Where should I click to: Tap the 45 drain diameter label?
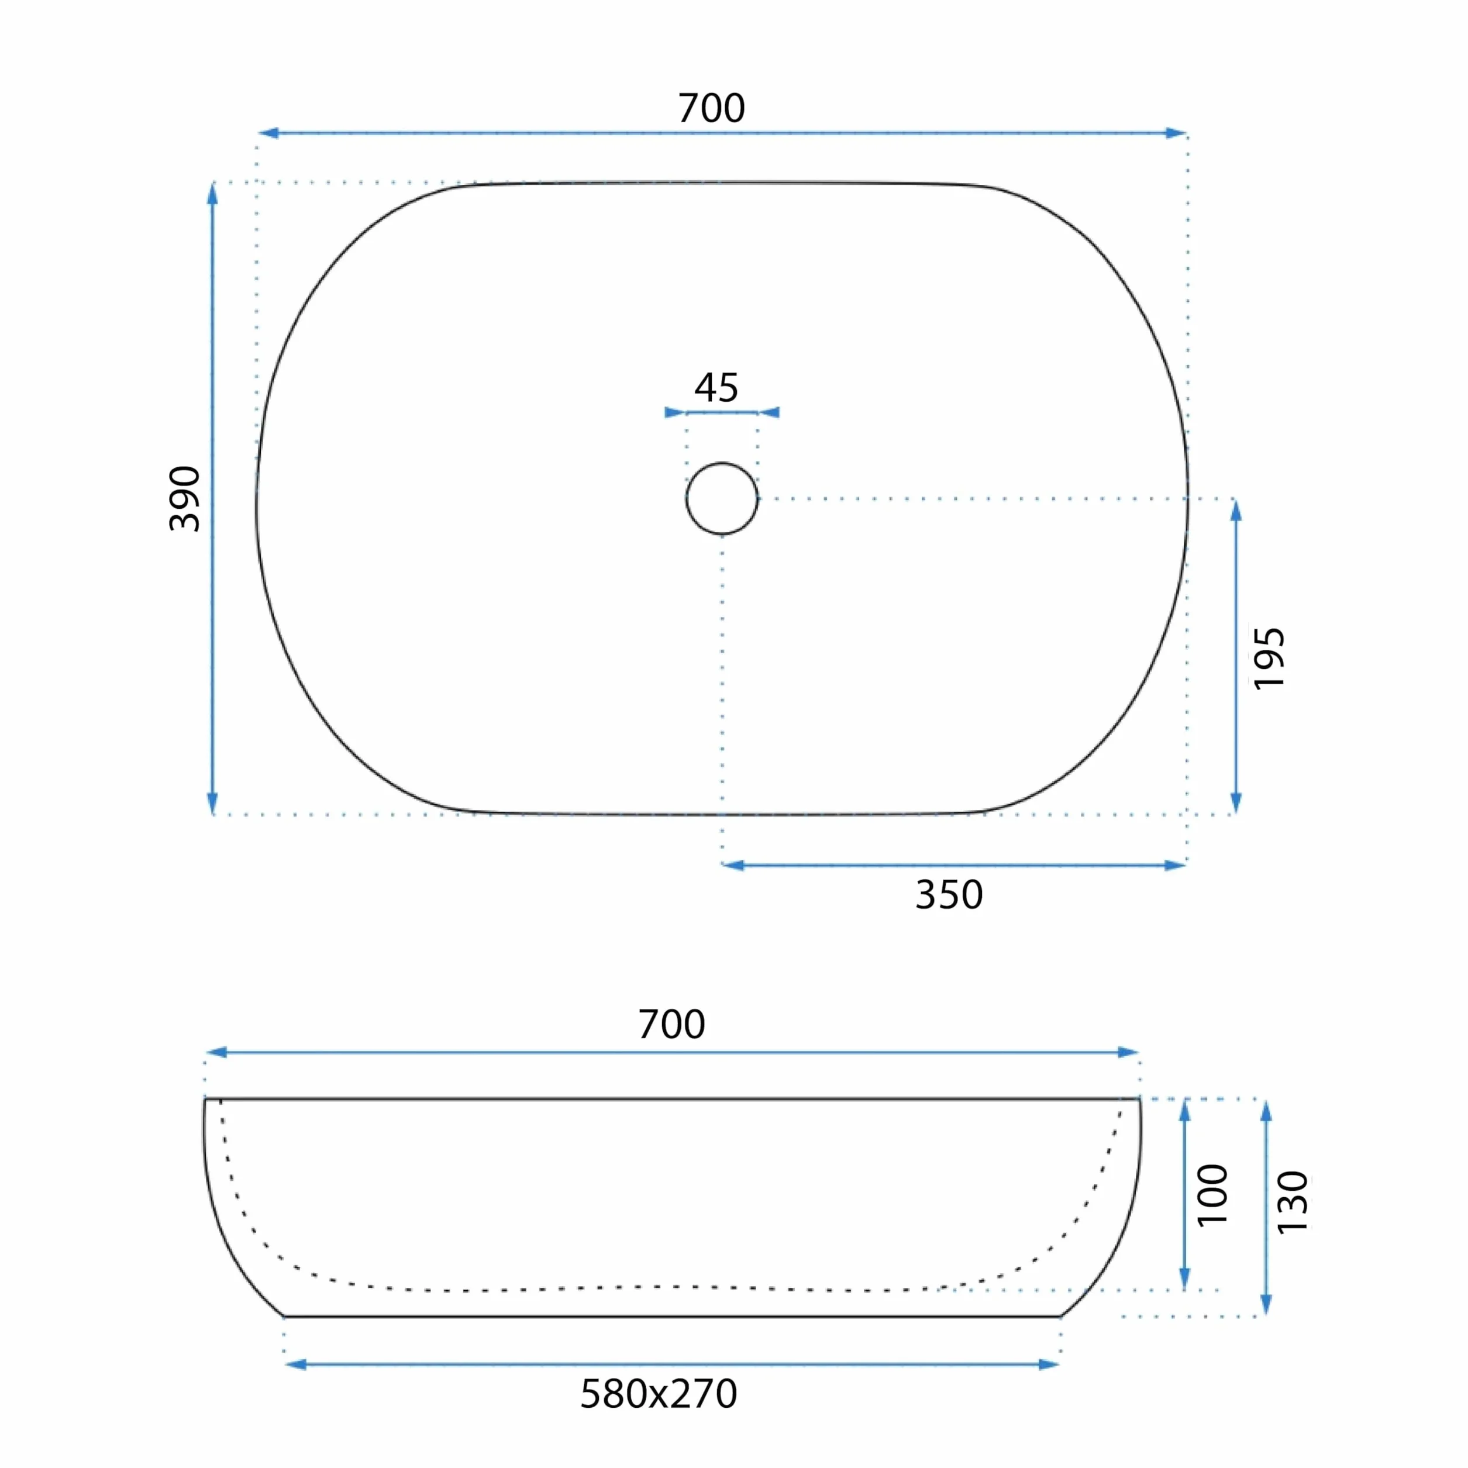pyautogui.click(x=716, y=388)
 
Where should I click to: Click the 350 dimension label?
pyautogui.click(x=949, y=895)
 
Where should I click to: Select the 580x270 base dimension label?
pyautogui.click(x=659, y=1394)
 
